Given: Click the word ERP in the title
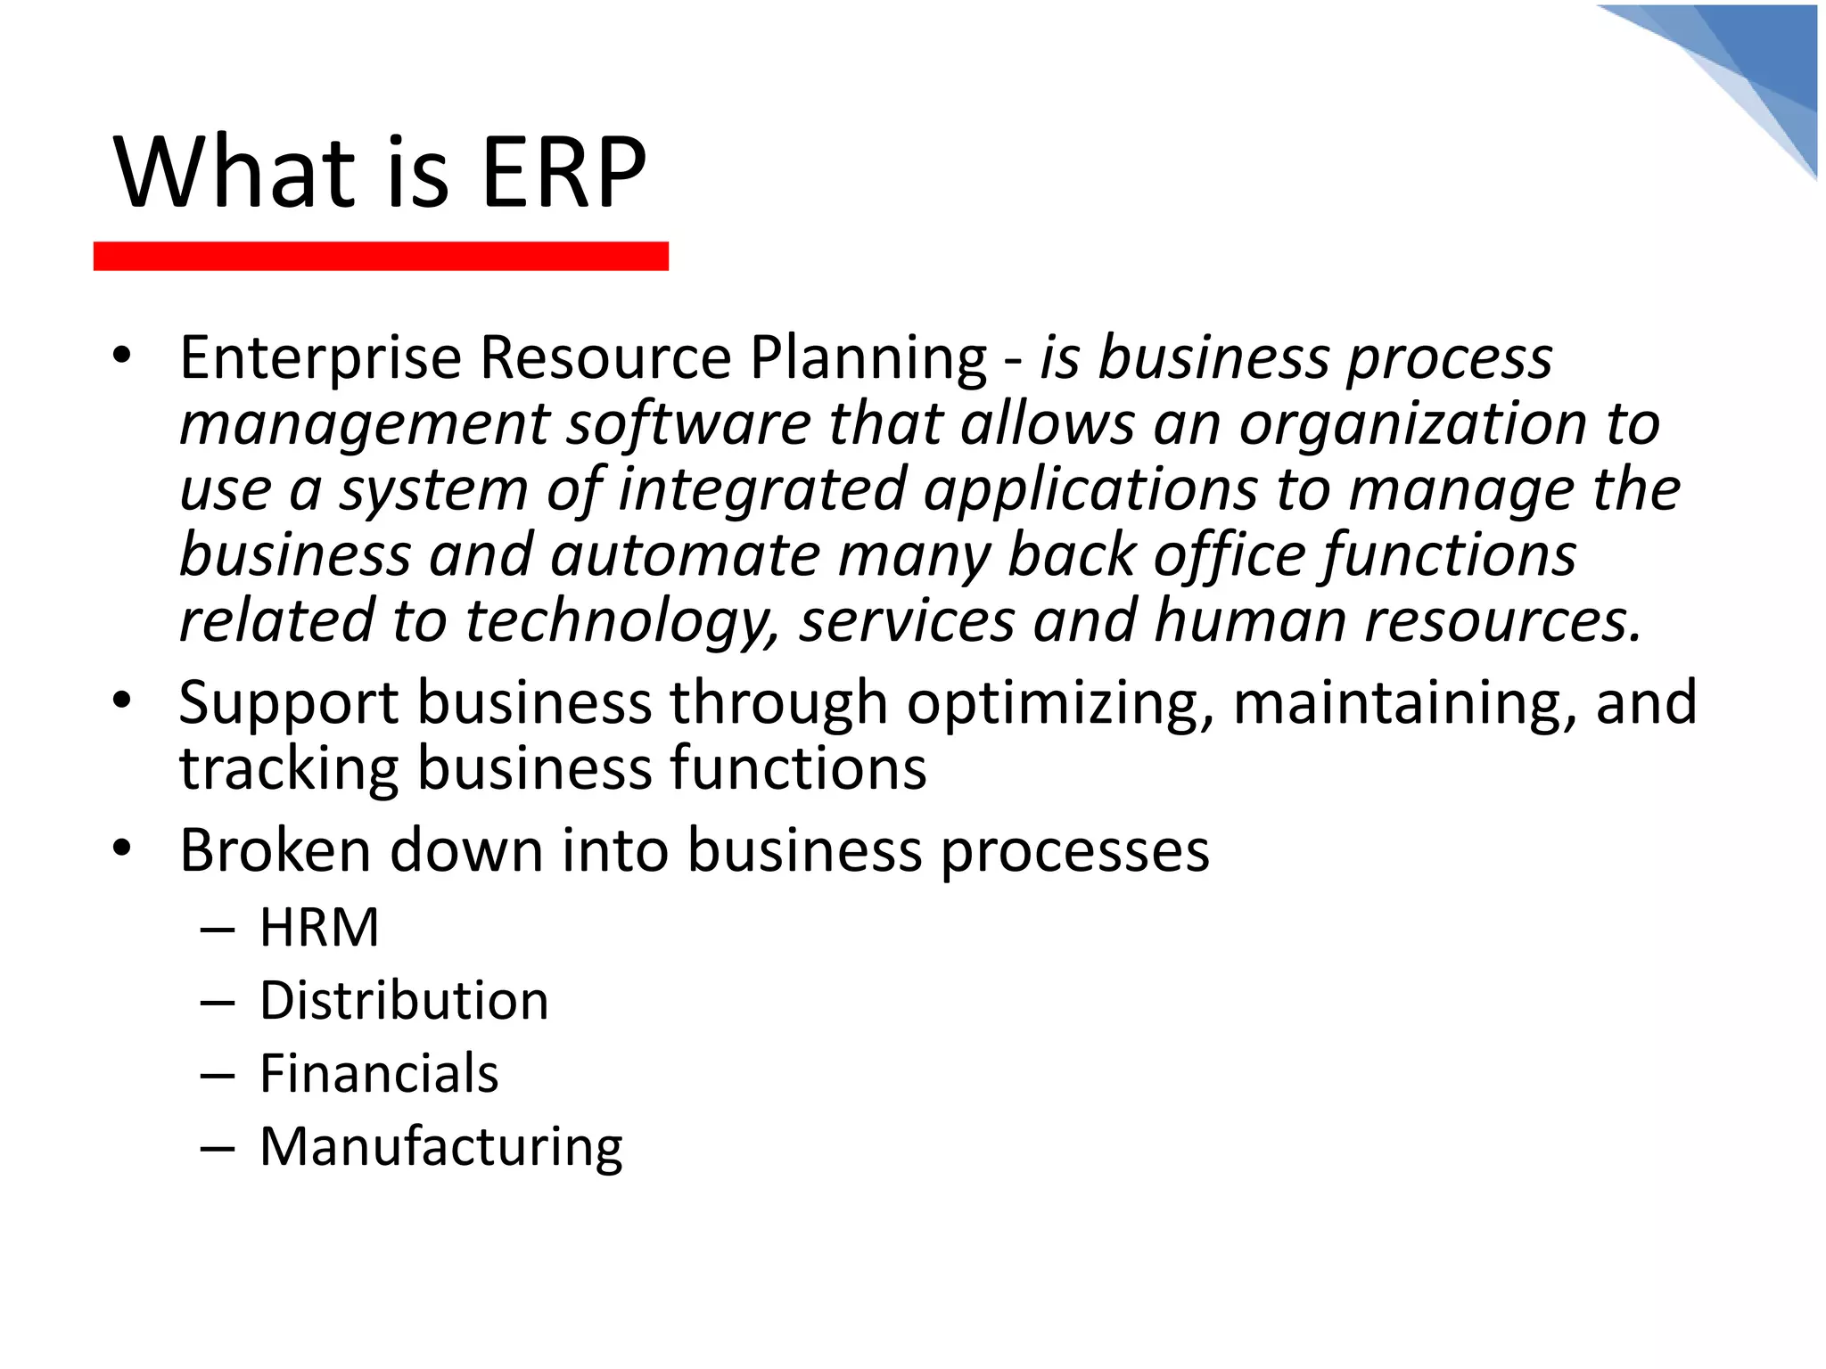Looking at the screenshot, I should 563,172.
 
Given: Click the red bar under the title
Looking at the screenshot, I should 381,256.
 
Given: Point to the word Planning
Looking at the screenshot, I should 868,358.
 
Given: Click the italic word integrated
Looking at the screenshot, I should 762,489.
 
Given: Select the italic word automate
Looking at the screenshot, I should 685,554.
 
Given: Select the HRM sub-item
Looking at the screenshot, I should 319,928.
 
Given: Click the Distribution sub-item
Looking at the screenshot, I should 404,1001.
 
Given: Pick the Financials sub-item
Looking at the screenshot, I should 379,1074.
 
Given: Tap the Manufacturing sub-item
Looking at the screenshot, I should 441,1147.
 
